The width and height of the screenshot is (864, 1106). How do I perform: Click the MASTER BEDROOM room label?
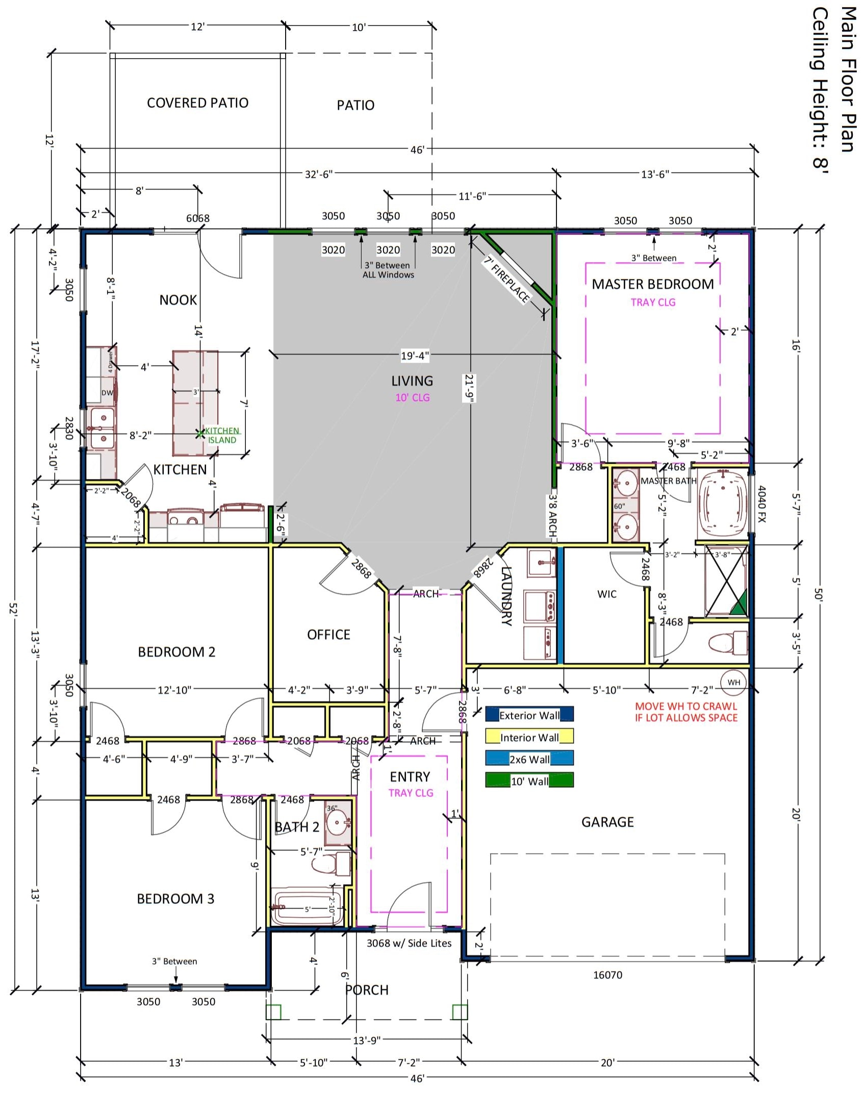(652, 284)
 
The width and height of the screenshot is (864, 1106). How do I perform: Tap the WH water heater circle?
(733, 683)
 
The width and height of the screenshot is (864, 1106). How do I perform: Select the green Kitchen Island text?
(222, 435)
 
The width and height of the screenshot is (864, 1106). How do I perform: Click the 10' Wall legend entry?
(529, 781)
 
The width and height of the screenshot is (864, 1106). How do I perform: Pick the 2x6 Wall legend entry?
(529, 759)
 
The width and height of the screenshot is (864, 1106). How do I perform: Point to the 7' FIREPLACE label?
(507, 279)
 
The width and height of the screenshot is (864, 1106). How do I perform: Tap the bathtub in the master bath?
(722, 506)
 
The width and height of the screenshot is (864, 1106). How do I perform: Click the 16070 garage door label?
(607, 975)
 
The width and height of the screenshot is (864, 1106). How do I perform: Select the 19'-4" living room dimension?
(415, 355)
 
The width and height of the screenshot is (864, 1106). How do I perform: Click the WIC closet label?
(606, 594)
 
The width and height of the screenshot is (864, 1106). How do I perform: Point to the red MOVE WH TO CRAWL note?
(686, 712)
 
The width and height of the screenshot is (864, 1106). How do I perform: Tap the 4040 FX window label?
(761, 504)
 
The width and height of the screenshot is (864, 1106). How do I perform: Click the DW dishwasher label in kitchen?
(107, 393)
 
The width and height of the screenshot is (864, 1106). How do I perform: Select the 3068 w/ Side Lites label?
(409, 943)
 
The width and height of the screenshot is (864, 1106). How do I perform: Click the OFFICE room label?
(328, 635)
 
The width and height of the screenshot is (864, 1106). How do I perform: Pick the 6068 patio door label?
(197, 218)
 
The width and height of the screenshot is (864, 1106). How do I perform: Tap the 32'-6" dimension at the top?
(318, 174)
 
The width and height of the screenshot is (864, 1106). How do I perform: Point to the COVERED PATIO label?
(197, 103)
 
